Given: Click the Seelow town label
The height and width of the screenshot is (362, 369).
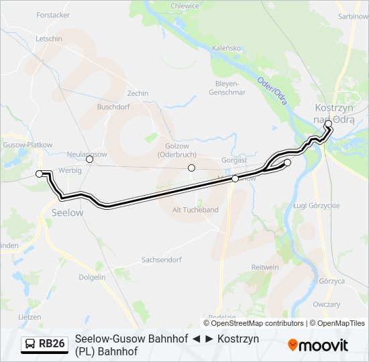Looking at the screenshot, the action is click(67, 213).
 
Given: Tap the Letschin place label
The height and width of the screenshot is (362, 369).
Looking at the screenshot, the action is click(49, 39).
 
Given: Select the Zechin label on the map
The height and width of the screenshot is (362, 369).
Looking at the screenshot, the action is click(138, 94).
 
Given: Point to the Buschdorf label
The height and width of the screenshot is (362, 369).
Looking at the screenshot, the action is click(113, 106).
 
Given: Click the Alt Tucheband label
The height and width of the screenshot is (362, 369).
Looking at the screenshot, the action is click(196, 210).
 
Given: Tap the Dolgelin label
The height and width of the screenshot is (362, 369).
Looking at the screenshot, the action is click(92, 277).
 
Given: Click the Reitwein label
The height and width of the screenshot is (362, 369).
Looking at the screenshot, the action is click(264, 267).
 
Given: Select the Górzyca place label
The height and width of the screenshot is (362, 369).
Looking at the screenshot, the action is click(331, 281).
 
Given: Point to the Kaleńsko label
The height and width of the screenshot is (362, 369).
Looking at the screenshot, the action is click(226, 48).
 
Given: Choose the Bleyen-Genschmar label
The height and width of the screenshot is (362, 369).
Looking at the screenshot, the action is click(231, 88).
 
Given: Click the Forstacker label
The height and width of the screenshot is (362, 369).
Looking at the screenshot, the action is click(53, 15).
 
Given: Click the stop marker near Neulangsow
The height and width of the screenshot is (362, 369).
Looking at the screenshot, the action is click(89, 159).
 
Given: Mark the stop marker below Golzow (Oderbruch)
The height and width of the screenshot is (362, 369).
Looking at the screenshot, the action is click(192, 168).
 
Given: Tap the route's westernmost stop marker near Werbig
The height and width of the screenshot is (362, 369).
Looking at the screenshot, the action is click(40, 174).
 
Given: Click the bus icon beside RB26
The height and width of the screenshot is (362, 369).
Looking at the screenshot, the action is click(30, 345).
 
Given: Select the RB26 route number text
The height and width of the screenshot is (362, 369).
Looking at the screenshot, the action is click(52, 345).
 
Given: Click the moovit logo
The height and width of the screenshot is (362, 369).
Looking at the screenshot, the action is click(319, 345).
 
